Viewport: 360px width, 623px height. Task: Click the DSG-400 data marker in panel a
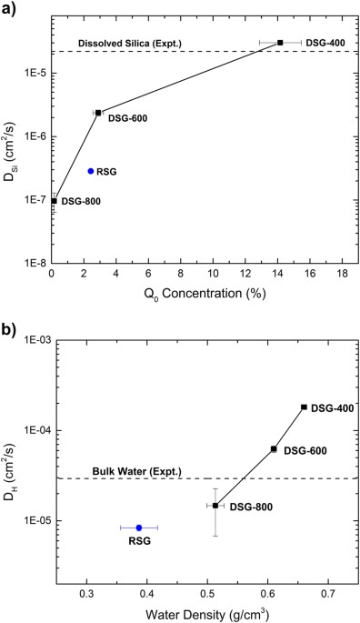280,43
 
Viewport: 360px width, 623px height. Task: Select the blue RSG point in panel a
91,171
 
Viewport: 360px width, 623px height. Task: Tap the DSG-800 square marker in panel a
54,201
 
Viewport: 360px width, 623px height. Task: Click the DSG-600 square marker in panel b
274,448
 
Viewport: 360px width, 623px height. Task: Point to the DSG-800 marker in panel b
215,505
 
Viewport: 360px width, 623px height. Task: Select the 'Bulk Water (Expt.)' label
137,471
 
